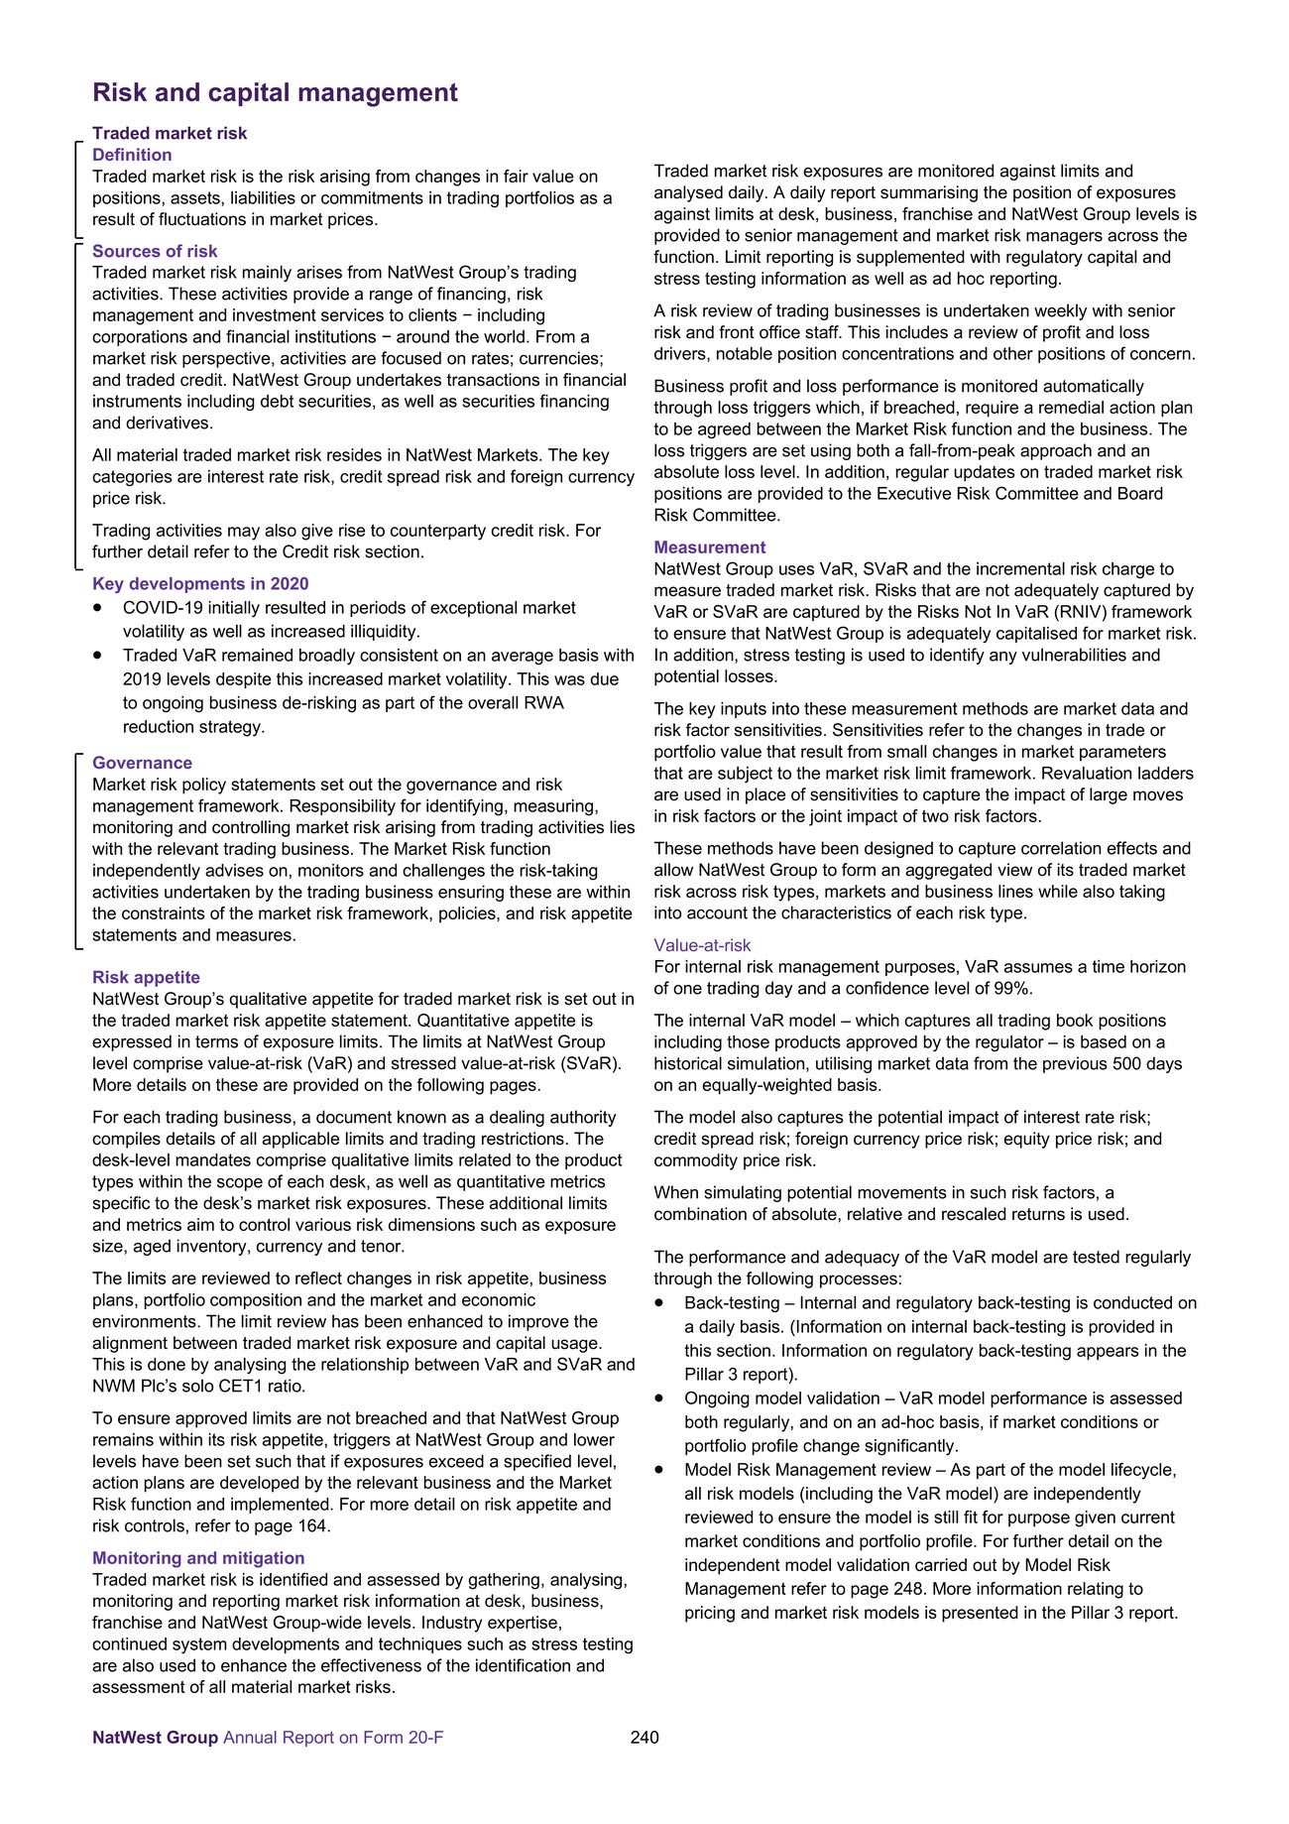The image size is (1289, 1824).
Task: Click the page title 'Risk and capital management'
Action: coord(275,92)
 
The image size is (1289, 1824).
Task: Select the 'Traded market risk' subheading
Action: coord(170,133)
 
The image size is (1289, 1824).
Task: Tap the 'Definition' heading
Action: coord(132,155)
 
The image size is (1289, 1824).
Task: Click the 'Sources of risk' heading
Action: coord(155,251)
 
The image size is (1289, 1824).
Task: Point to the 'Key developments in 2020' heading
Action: coord(200,584)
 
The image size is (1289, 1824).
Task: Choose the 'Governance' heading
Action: coord(142,763)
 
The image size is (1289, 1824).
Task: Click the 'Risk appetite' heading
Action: coord(146,977)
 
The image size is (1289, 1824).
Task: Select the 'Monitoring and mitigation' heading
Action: coord(198,1558)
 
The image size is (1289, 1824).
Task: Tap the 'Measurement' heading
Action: coord(709,547)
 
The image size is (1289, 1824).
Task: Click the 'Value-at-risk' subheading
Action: coord(702,945)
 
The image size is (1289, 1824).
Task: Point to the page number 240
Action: coord(644,1738)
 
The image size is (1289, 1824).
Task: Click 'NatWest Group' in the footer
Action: coord(155,1738)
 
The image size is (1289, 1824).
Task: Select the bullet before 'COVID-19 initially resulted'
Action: coord(98,608)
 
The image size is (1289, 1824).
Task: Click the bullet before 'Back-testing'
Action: coord(659,1303)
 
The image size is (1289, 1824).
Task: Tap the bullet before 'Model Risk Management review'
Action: coord(659,1470)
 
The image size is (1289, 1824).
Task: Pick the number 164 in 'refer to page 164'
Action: coord(311,1526)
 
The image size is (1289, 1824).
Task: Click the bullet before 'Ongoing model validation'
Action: coord(659,1398)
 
